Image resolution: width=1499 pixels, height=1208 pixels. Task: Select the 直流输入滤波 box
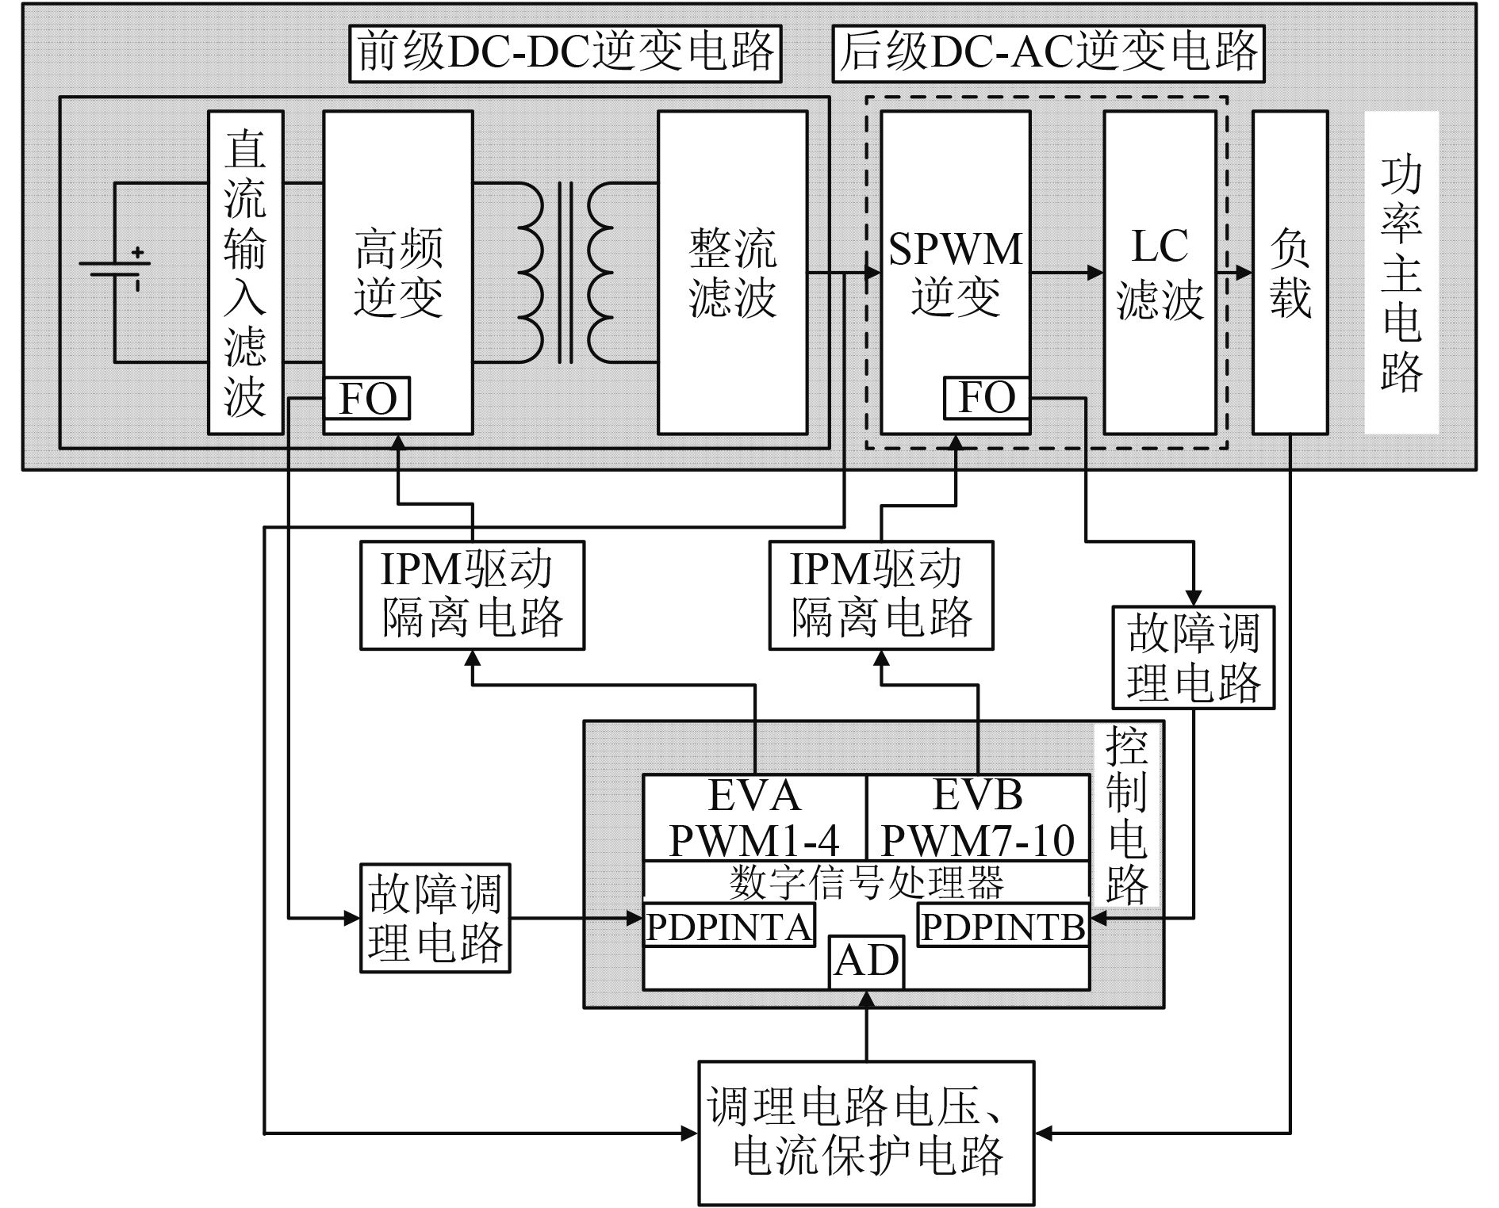tap(245, 272)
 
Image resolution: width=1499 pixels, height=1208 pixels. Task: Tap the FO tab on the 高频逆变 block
tap(366, 398)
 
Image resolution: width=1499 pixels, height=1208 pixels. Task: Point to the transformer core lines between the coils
tap(565, 272)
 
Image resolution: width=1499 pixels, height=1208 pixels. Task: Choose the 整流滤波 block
tap(732, 272)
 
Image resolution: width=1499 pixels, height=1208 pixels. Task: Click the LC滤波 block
tap(1160, 272)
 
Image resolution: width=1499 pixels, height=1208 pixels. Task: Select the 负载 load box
tap(1290, 272)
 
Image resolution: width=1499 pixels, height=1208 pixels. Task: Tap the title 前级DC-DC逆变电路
tap(565, 53)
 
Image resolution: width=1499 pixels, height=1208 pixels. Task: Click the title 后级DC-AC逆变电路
tap(1048, 53)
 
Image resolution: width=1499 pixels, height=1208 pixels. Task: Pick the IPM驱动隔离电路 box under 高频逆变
tap(472, 595)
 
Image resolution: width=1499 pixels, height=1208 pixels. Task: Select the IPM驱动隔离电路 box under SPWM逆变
tap(880, 595)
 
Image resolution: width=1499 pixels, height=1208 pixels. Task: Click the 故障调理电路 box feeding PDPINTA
tap(435, 918)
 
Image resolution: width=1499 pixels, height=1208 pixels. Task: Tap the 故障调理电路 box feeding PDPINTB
tap(1193, 657)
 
